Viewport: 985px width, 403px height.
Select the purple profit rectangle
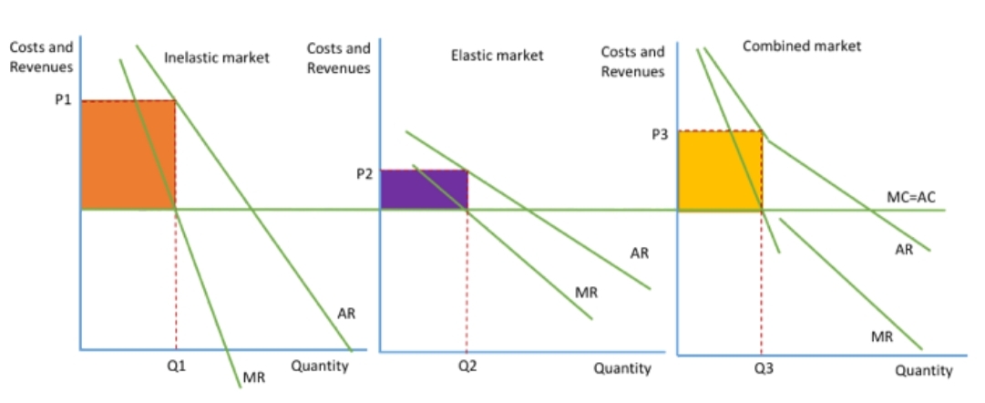[x=424, y=189]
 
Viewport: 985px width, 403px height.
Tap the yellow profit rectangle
[x=720, y=170]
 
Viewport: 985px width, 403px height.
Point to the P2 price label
[x=364, y=172]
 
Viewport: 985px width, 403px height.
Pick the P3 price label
[x=661, y=133]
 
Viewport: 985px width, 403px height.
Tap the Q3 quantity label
[x=761, y=369]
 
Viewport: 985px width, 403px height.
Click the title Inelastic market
[x=216, y=58]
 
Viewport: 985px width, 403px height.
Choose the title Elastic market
[x=497, y=56]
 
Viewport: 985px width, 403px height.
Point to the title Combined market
[x=802, y=46]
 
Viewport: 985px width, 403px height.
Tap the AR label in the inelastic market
[x=346, y=314]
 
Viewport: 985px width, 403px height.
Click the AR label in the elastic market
[x=639, y=253]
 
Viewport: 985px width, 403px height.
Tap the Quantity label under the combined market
[x=923, y=370]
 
